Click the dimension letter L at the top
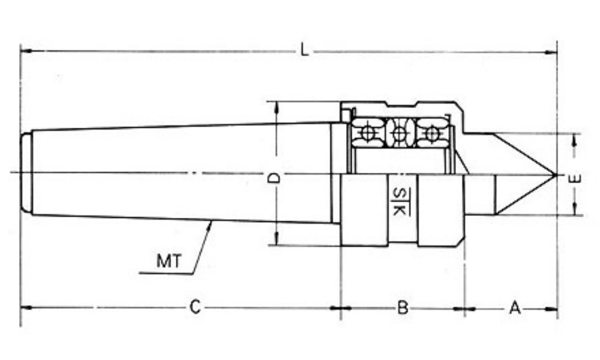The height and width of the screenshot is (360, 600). click(x=305, y=50)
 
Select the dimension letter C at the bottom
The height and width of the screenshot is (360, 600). click(x=195, y=307)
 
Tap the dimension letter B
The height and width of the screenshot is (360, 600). click(x=403, y=307)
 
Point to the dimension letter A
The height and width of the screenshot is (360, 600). click(x=515, y=308)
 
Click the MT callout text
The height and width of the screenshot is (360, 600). click(x=169, y=261)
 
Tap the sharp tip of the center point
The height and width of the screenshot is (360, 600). click(x=555, y=175)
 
